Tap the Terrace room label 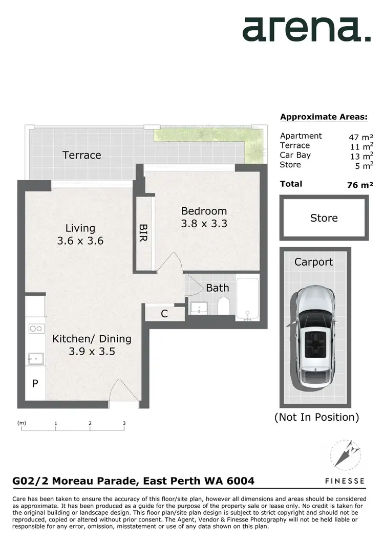82,155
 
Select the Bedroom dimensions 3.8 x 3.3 204,224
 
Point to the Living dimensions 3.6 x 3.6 80,240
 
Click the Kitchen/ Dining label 92,339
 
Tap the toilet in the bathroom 223,308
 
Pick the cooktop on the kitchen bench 35,329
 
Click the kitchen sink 35,358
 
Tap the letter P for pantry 35,383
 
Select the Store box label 324,218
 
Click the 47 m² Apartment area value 361,137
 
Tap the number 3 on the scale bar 124,423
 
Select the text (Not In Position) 316,417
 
